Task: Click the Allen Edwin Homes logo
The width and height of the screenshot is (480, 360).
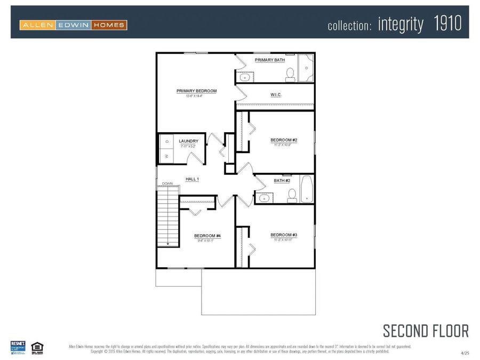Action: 73,25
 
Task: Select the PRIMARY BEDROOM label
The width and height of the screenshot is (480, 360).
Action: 196,91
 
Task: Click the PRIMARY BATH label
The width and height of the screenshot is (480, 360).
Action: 269,60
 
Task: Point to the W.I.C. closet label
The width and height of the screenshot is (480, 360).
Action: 276,94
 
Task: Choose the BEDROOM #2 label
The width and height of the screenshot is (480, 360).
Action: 284,140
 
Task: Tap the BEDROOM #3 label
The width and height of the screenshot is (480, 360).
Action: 284,235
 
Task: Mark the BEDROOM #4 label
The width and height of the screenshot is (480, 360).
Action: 207,236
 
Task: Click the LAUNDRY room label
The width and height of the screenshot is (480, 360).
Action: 188,141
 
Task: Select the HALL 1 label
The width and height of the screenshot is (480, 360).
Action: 192,179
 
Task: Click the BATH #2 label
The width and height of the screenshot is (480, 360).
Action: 282,181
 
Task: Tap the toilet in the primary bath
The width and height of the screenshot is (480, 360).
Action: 290,74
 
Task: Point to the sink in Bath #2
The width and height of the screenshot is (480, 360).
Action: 263,198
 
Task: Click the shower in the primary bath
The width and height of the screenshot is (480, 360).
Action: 306,68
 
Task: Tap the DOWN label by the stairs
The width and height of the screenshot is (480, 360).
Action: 167,183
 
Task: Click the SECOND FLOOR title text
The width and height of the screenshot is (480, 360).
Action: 426,331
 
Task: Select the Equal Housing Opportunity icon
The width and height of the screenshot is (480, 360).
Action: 37,347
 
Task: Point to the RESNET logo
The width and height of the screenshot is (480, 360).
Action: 18,347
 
